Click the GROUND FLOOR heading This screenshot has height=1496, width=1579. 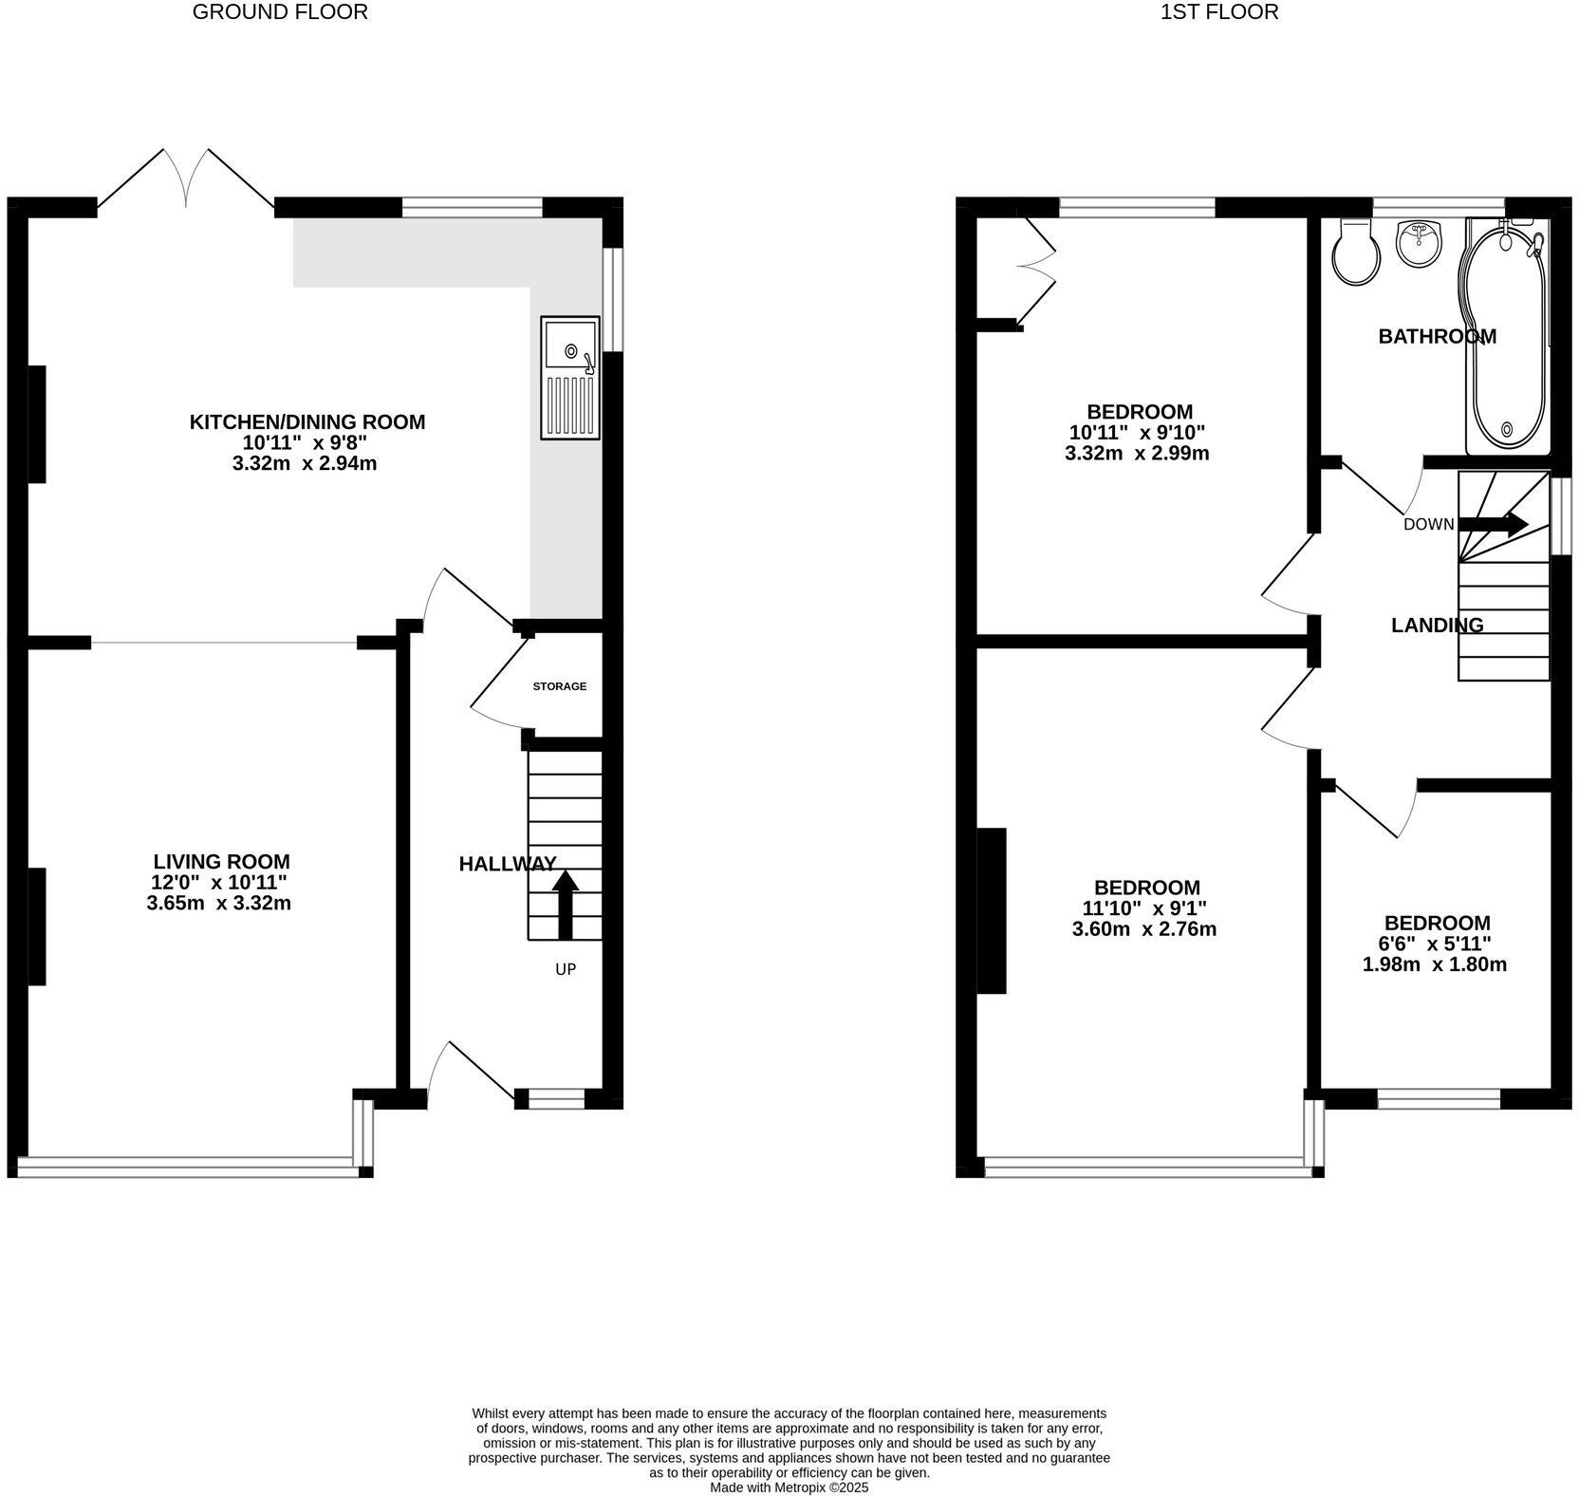(280, 12)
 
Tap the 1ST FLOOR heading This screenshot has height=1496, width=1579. (1218, 12)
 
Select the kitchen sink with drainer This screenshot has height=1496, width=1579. (570, 378)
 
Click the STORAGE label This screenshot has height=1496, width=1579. (559, 686)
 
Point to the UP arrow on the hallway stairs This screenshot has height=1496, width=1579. (565, 903)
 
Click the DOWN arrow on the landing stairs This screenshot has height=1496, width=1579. (1492, 524)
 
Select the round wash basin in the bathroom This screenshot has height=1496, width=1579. (1419, 243)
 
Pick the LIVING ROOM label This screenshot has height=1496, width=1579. (221, 862)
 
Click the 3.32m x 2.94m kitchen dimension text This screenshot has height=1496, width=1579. (305, 463)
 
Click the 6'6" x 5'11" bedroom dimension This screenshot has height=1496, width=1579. (1436, 944)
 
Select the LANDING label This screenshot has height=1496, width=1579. (1437, 625)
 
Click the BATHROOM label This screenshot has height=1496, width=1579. (1437, 336)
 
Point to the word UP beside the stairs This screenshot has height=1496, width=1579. (566, 969)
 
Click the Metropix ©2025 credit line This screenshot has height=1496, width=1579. (789, 1488)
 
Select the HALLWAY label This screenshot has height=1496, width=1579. (507, 864)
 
